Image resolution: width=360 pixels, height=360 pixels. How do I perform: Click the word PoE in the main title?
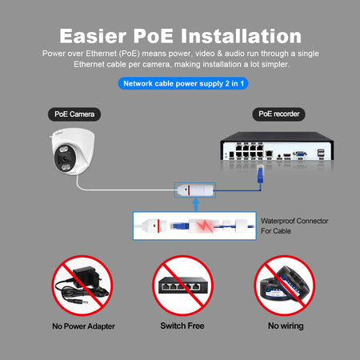tap(153, 36)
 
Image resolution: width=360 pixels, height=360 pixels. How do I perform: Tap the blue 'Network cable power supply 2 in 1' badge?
tap(183, 83)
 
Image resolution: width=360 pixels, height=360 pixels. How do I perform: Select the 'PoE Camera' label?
tap(74, 114)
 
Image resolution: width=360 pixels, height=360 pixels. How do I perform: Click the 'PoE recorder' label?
tap(278, 114)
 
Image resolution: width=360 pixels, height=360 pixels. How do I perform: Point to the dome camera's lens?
tap(64, 158)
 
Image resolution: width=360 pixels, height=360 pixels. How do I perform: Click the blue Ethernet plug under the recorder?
tap(260, 174)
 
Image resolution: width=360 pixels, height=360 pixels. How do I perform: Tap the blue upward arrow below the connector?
tap(196, 205)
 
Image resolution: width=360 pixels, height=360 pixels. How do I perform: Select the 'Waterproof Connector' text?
tap(294, 221)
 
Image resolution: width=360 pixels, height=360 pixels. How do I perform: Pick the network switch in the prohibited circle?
tap(183, 286)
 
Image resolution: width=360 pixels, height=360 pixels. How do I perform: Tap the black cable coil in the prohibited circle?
tap(285, 286)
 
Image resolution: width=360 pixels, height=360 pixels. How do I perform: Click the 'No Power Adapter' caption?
tap(83, 326)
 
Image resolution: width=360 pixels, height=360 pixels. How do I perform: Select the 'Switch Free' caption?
tap(182, 326)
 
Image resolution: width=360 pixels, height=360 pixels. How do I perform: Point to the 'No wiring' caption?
tap(286, 326)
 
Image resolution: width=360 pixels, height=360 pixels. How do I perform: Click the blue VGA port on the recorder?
tap(300, 154)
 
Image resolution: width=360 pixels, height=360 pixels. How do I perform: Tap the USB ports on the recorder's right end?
tap(321, 153)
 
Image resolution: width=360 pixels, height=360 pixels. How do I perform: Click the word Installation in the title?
tap(242, 36)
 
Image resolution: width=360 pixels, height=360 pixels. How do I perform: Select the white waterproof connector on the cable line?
tap(195, 190)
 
